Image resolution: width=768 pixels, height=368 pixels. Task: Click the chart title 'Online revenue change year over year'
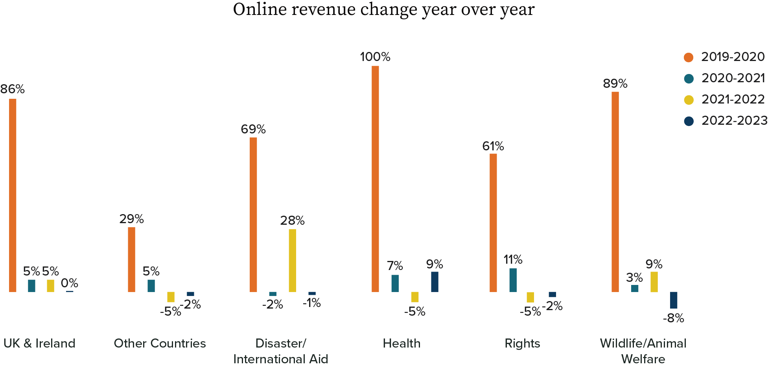click(x=383, y=9)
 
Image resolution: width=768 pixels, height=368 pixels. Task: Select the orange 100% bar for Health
click(x=375, y=179)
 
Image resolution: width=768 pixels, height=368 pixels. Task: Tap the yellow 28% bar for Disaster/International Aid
click(x=292, y=260)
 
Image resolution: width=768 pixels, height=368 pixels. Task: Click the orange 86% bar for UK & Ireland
click(x=13, y=195)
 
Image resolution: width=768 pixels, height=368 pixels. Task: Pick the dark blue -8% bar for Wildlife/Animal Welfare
click(x=674, y=300)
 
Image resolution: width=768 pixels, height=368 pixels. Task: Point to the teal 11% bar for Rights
click(x=513, y=280)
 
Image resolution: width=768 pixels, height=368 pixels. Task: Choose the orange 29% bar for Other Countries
click(x=131, y=259)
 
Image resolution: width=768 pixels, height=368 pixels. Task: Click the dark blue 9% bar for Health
click(x=435, y=282)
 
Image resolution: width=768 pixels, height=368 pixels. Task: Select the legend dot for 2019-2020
click(x=689, y=57)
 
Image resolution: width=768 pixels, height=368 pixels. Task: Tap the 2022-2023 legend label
click(x=734, y=120)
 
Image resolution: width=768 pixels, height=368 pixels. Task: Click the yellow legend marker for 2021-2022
click(x=689, y=100)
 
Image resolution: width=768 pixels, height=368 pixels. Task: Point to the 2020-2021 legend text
click(x=733, y=78)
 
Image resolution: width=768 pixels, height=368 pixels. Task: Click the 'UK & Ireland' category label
click(x=39, y=343)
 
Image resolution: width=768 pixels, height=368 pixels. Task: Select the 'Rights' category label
click(x=522, y=343)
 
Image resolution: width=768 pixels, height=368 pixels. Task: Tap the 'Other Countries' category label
click(x=160, y=343)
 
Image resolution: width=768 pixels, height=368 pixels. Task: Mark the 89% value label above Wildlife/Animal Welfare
click(x=615, y=83)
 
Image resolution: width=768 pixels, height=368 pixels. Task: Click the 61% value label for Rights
click(x=493, y=146)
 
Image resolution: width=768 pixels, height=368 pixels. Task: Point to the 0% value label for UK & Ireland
click(x=69, y=283)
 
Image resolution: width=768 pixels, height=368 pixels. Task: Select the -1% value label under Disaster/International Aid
click(x=312, y=303)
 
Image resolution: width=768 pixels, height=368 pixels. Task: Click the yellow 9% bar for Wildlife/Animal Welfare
click(x=654, y=282)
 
